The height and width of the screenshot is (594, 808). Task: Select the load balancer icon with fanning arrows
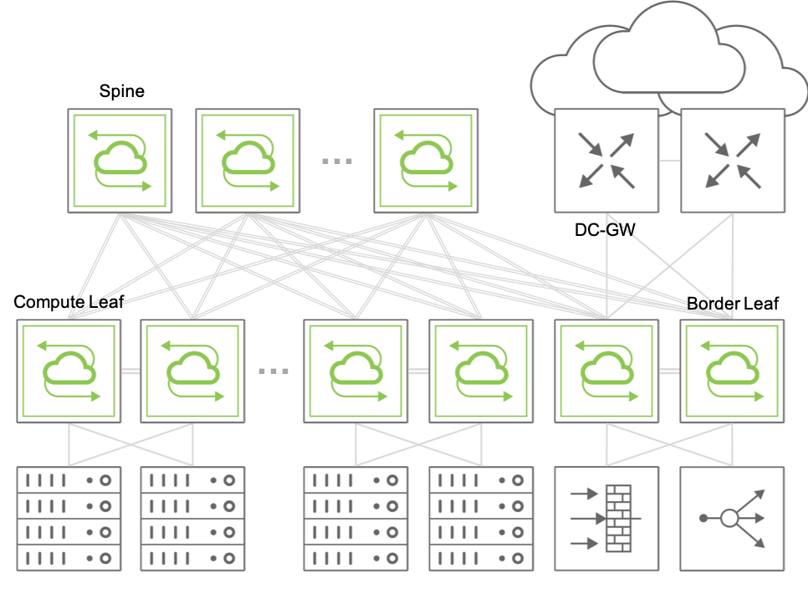point(733,519)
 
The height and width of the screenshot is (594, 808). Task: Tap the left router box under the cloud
point(606,161)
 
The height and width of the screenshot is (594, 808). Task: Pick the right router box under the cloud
point(733,161)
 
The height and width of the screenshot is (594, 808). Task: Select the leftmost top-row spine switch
point(120,161)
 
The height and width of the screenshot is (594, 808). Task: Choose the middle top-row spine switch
point(248,161)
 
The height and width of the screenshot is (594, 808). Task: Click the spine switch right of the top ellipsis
point(426,161)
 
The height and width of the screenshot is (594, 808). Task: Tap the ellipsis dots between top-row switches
point(337,161)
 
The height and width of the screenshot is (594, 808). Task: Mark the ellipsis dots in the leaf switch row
point(274,371)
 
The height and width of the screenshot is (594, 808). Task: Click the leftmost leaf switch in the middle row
point(69,371)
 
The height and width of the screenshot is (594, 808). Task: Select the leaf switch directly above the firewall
point(606,371)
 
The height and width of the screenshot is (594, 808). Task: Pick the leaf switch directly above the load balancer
point(733,371)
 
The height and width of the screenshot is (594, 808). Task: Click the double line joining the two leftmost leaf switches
point(130,371)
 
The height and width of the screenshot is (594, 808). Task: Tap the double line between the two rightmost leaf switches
point(669,371)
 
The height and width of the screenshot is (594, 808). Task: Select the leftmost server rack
point(69,519)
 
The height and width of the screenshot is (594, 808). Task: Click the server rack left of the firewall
point(481,519)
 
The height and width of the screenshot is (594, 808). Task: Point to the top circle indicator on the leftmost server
point(105,480)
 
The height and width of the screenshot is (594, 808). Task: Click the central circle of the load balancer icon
point(729,518)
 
